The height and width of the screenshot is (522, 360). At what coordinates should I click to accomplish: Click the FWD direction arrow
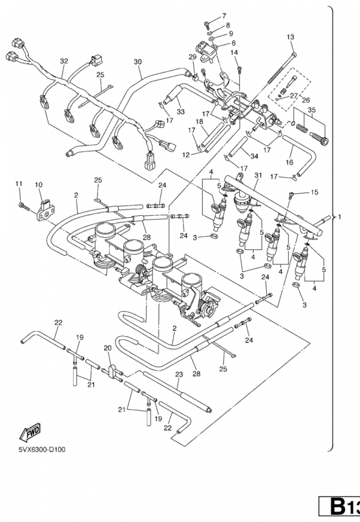click(30, 432)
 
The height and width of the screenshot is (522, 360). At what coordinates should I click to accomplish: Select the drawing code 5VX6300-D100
click(42, 450)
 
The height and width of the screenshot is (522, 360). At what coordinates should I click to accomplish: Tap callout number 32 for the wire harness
click(64, 61)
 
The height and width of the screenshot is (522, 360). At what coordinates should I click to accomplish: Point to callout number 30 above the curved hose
click(138, 61)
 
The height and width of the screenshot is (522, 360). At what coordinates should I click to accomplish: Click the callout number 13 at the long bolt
click(290, 37)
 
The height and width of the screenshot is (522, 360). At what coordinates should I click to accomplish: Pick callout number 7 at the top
click(224, 16)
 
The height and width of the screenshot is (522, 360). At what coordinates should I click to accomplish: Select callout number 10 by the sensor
click(38, 185)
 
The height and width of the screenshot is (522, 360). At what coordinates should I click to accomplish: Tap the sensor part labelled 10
click(46, 211)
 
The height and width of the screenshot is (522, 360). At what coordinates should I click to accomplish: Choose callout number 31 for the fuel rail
click(258, 175)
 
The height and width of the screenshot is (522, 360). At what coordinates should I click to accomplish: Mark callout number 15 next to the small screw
click(314, 192)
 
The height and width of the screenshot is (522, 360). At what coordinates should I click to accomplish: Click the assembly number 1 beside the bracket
click(339, 217)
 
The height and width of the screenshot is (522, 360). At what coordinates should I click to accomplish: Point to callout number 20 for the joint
click(108, 348)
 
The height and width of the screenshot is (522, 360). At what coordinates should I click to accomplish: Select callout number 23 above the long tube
click(179, 374)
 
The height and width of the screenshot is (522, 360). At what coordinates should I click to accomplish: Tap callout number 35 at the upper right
click(312, 110)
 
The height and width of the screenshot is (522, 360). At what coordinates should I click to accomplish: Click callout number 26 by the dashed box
click(305, 100)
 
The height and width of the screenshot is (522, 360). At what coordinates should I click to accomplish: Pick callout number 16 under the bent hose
click(289, 162)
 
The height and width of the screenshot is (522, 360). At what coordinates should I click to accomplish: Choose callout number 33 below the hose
click(181, 112)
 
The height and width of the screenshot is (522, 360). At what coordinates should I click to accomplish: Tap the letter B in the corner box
click(337, 506)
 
